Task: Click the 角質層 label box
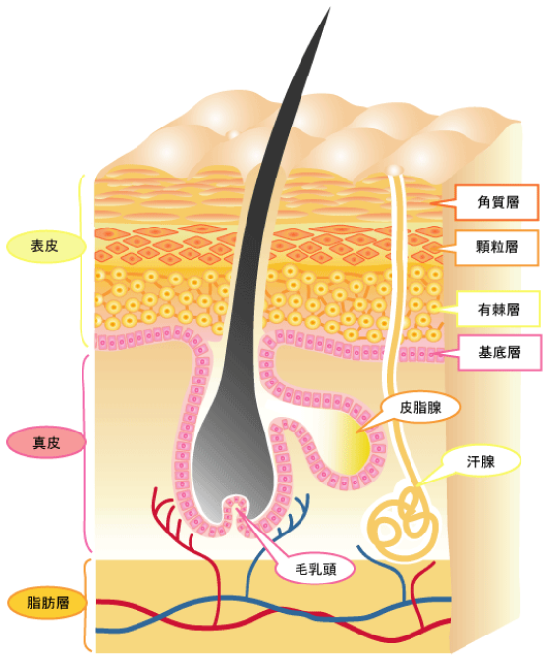497,202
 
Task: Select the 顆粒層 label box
497,247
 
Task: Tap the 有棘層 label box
498,309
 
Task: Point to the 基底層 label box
499,353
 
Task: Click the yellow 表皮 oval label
46,246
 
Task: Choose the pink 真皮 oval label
46,442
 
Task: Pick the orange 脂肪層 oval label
47,603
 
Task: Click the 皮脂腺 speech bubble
420,407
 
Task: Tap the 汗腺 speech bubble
480,461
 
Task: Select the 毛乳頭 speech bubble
315,569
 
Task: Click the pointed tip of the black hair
329,8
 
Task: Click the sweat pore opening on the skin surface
395,170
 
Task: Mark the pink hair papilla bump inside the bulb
235,514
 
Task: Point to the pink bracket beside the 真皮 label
86,453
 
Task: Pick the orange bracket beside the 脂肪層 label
87,605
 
